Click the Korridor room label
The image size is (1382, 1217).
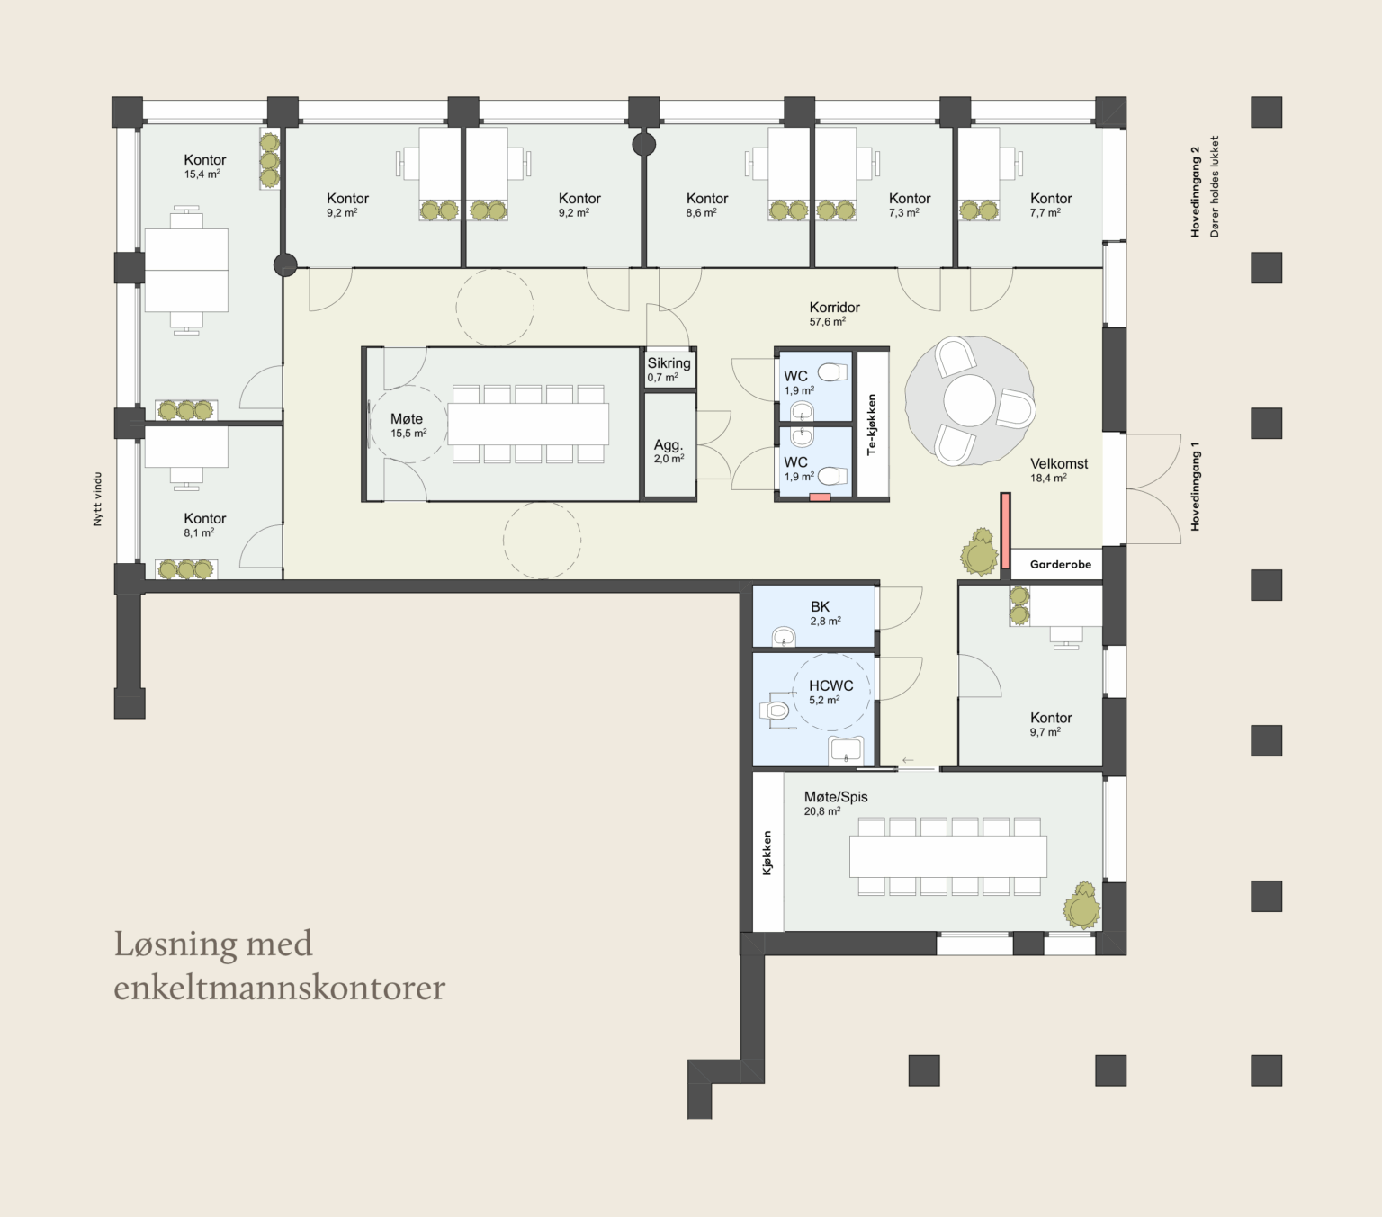pos(834,307)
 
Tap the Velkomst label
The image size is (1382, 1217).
pos(1059,464)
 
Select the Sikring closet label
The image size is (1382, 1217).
pos(669,363)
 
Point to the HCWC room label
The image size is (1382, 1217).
pos(830,685)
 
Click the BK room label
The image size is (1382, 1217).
pos(820,606)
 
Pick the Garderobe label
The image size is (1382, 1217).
pos(1061,564)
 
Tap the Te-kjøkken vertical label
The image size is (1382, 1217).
pos(871,425)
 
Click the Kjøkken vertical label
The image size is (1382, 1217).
pos(767,853)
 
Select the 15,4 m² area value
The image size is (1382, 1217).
pos(202,174)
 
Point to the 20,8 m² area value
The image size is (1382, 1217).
pos(822,811)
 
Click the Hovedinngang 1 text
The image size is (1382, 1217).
pos(1195,487)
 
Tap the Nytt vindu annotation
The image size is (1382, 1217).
pos(98,498)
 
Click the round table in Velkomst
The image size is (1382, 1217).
pos(969,400)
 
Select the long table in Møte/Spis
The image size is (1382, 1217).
pos(947,856)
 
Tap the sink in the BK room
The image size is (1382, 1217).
pos(785,637)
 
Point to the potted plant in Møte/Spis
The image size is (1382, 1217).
pos(1081,905)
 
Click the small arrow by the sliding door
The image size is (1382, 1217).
pos(907,760)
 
